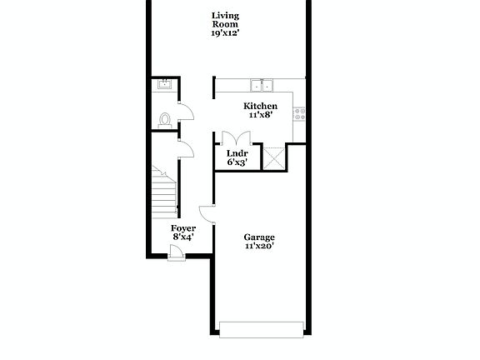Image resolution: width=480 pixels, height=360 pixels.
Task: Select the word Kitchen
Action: [260, 106]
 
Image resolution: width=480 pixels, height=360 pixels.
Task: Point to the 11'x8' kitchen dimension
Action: [260, 116]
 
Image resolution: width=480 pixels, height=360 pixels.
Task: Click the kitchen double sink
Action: [262, 84]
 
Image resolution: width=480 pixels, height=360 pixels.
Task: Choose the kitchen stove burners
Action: [299, 112]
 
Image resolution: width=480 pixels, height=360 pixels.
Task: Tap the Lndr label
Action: [237, 153]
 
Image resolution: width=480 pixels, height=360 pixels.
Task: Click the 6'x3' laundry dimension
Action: [237, 163]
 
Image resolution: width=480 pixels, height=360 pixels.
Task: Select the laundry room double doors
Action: [236, 138]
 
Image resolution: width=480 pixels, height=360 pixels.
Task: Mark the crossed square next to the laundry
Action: [273, 157]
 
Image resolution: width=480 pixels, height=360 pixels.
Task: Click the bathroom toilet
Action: [165, 119]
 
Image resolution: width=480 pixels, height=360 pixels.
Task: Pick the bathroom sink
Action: [163, 84]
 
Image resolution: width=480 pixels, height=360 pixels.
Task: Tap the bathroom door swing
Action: [187, 111]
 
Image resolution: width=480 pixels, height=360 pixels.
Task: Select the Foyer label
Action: [183, 227]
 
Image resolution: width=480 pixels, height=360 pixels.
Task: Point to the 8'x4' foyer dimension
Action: [183, 237]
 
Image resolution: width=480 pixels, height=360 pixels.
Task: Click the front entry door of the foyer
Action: [176, 256]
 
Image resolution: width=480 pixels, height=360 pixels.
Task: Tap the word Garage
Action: [259, 237]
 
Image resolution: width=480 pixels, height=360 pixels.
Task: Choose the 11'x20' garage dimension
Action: [259, 247]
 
